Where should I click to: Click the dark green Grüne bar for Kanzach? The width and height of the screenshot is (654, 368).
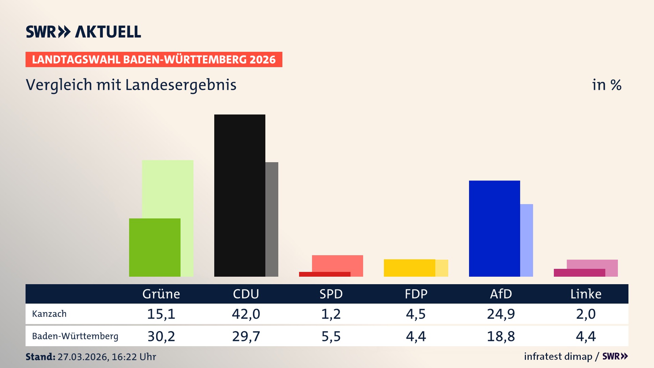point(155,247)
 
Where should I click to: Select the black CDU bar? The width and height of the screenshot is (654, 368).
point(239,195)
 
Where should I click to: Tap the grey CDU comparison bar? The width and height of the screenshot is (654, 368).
point(272,219)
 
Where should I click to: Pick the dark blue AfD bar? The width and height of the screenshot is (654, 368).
point(494,228)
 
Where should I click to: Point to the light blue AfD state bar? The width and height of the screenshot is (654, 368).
point(527,240)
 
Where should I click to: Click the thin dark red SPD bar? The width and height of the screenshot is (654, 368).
point(324,274)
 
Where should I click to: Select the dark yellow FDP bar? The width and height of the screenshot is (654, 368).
point(409,268)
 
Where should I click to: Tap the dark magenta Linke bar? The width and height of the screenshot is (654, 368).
point(579,273)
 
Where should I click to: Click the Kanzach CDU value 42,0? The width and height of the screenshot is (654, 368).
point(246,314)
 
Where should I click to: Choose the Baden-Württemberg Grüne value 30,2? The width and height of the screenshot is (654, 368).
point(161,336)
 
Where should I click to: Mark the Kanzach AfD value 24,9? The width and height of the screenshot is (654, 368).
point(501,314)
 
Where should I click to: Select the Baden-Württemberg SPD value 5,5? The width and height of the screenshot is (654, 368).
point(331,336)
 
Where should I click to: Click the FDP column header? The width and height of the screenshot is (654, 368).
point(416,294)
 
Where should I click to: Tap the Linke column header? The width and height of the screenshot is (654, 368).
point(586,294)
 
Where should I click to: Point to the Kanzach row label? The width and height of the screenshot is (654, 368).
point(49,314)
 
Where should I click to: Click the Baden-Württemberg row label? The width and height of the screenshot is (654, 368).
point(75,336)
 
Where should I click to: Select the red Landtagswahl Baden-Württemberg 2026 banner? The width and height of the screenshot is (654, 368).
point(154,60)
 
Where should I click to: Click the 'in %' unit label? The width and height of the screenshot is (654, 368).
point(607,85)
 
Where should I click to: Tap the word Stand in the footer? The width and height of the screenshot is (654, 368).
point(40,357)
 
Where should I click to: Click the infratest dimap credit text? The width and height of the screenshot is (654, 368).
point(558,356)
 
